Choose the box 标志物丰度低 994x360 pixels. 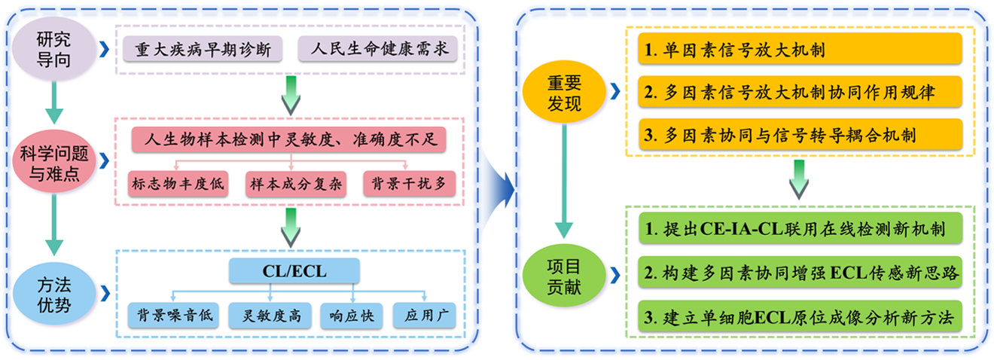(178, 185)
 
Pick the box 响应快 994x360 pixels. (352, 316)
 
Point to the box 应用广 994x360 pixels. (425, 316)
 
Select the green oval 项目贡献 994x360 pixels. (563, 273)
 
